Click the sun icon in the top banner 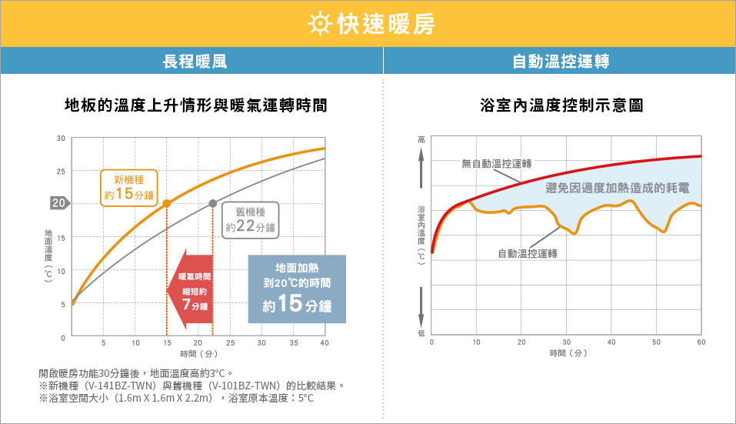pyautogui.click(x=318, y=24)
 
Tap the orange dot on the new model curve pyautogui.click(x=167, y=203)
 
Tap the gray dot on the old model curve pyautogui.click(x=213, y=203)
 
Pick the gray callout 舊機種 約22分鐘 pyautogui.click(x=251, y=219)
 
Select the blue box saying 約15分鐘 pyautogui.click(x=297, y=289)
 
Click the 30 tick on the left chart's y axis pyautogui.click(x=61, y=138)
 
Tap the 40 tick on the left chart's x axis pyautogui.click(x=325, y=342)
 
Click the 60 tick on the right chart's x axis pyautogui.click(x=701, y=342)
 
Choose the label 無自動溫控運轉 pyautogui.click(x=497, y=163)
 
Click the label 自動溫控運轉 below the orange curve pyautogui.click(x=528, y=253)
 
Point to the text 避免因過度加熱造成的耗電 pyautogui.click(x=617, y=188)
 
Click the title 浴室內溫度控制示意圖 pyautogui.click(x=561, y=105)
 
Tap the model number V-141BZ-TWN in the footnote pyautogui.click(x=121, y=385)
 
